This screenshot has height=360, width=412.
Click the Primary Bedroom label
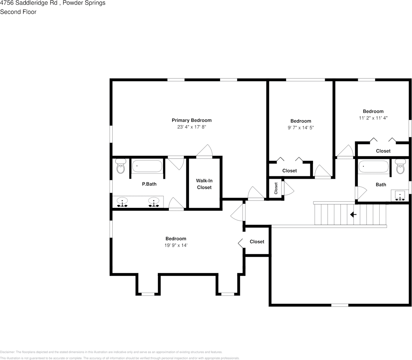(192, 120)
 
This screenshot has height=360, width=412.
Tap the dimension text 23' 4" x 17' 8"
(192, 127)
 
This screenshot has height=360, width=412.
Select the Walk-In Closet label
(204, 184)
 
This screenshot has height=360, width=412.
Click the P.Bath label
(149, 184)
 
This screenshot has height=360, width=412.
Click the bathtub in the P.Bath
(147, 167)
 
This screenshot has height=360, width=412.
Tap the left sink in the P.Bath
(122, 201)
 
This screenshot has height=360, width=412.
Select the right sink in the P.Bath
(154, 201)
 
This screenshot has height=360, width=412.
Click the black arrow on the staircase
(353, 215)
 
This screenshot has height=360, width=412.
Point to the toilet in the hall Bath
(400, 167)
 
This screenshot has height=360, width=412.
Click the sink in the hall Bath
(399, 195)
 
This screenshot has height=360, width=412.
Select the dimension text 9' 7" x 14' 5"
(301, 128)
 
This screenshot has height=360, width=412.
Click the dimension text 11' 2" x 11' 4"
(373, 118)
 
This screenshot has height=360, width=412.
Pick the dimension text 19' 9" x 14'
(176, 245)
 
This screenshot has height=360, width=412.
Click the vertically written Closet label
(276, 189)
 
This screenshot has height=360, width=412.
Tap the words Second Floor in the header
(18, 12)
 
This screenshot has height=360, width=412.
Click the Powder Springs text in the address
(84, 3)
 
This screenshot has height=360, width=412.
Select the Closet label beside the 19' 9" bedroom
(257, 242)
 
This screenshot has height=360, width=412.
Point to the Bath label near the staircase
(381, 185)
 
